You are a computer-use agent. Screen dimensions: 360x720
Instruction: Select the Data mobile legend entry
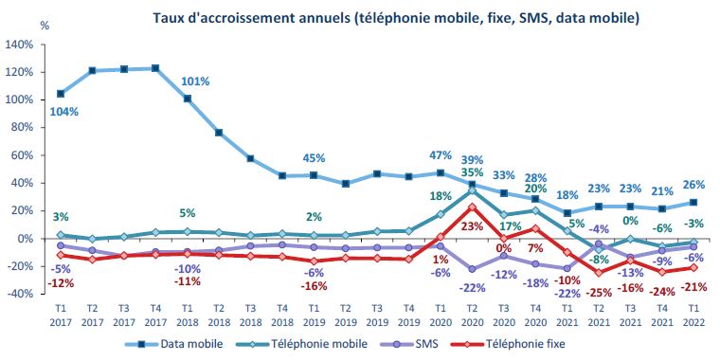pos(194,343)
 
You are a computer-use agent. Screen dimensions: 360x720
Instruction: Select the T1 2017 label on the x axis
pos(62,314)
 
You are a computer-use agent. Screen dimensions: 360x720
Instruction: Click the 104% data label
pos(63,111)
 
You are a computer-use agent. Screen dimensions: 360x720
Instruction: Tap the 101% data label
pos(195,81)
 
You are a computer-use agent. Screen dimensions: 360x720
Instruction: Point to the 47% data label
pos(440,155)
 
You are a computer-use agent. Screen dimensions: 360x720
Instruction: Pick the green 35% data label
pos(471,173)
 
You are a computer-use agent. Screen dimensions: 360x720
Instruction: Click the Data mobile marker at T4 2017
pos(155,68)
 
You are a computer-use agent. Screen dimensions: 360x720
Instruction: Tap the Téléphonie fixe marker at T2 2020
pos(471,207)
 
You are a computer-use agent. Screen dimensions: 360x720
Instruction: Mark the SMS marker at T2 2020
pos(471,269)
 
